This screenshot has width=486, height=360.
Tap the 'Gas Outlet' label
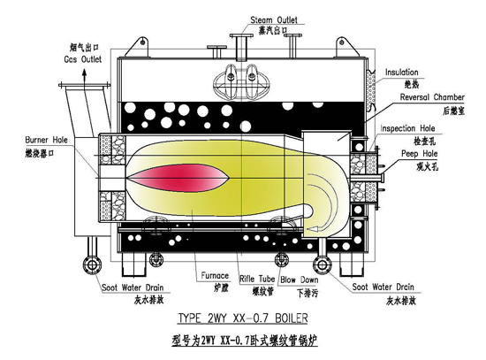pos(84,59)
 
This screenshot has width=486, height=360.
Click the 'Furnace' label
pos(214,277)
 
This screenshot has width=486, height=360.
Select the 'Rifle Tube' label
pos(258,277)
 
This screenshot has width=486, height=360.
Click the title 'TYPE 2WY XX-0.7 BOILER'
pos(243,317)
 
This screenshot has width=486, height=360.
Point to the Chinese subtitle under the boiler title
pos(243,339)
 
